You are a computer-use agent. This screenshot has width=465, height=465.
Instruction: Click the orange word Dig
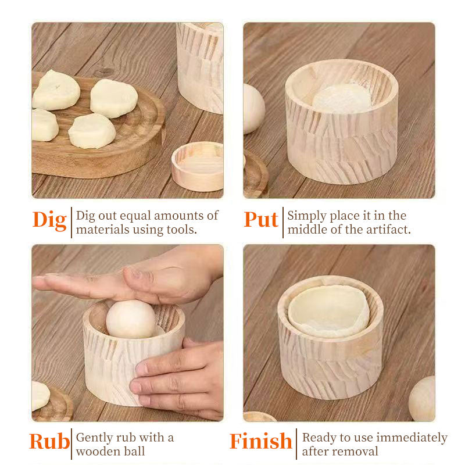[x=49, y=220]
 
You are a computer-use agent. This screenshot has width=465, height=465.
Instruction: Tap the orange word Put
[x=261, y=220]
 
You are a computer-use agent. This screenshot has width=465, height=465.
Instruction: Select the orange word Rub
[x=49, y=441]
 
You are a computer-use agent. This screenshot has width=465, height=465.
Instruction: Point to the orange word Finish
[x=260, y=441]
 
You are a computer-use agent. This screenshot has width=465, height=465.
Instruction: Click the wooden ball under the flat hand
[x=131, y=319]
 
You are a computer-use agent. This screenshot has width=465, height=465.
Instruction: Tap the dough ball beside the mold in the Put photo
[x=253, y=109]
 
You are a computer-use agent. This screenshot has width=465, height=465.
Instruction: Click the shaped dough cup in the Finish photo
[x=329, y=311]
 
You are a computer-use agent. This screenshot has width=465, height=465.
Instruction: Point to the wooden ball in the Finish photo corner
[x=422, y=398]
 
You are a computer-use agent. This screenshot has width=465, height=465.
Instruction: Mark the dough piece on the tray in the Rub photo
[x=40, y=395]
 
